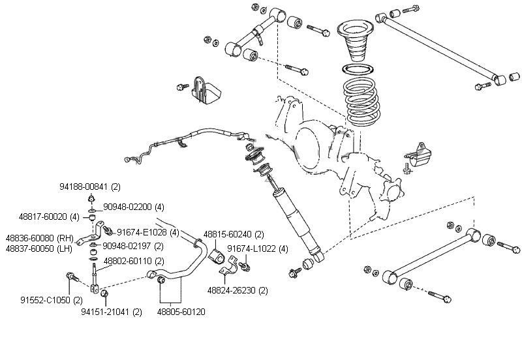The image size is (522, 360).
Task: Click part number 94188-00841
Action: click(84, 187)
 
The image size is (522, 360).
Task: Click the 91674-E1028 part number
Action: click(142, 232)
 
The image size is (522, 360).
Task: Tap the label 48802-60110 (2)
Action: click(128, 261)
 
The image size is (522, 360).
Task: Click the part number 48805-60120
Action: click(181, 312)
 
